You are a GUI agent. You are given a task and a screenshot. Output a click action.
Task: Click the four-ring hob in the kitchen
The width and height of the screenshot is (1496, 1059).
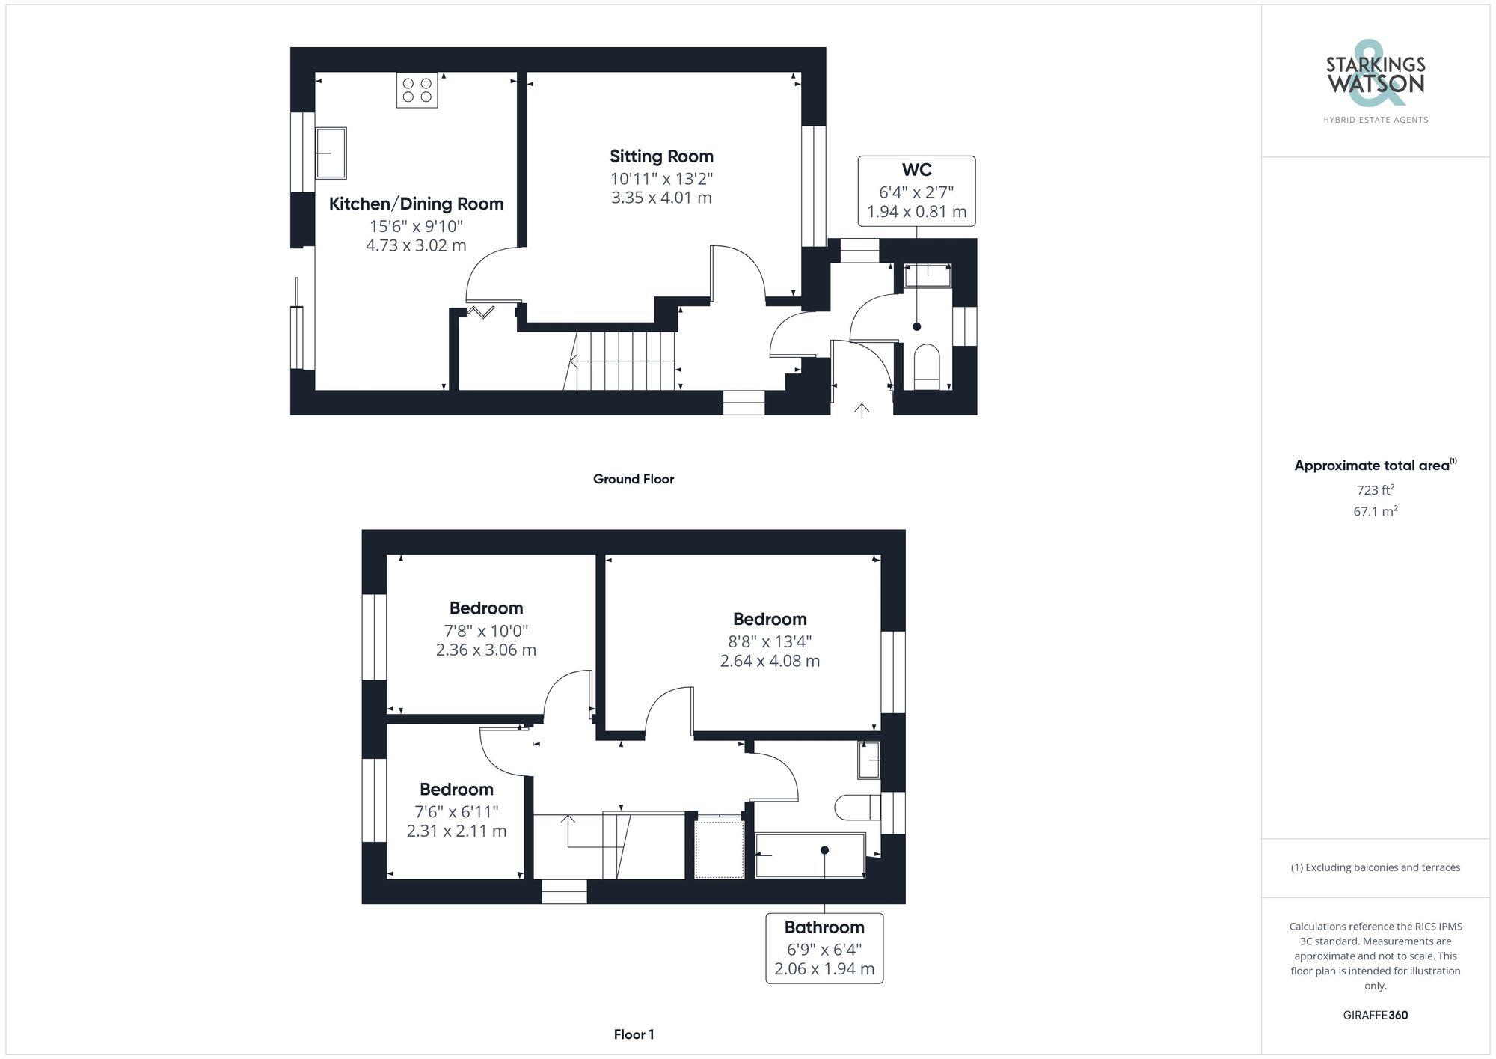(x=417, y=91)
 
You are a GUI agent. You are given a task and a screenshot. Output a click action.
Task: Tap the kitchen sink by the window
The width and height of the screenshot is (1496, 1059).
(x=331, y=153)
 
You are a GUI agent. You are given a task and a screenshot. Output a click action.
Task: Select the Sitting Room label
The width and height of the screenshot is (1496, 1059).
(x=661, y=156)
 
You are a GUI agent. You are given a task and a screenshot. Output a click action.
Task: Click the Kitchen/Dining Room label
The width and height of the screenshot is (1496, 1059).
(x=416, y=204)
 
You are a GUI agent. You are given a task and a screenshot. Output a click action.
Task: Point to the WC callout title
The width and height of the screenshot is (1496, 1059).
(x=916, y=170)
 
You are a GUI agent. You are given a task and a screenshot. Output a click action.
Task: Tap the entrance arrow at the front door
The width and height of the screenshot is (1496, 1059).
(x=862, y=409)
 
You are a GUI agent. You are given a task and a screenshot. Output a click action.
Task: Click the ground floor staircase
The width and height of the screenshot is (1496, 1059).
(x=625, y=361)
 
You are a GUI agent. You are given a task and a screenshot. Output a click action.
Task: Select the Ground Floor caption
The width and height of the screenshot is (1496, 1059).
(x=634, y=479)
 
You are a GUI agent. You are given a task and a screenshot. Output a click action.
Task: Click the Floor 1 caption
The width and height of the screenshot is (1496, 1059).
(x=634, y=1034)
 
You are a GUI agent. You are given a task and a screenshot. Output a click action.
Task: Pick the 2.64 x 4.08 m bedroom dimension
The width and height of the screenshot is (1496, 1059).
(x=770, y=661)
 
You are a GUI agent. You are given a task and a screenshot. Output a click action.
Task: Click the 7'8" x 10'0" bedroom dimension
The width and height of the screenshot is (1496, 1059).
(x=486, y=630)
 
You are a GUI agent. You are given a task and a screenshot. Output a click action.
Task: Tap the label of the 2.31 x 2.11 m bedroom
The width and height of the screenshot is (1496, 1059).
(x=456, y=789)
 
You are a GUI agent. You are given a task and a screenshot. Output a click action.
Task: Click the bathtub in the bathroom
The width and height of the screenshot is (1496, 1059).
(x=809, y=855)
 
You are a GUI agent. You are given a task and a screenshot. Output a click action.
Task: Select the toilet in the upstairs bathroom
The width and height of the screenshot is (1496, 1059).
(x=857, y=807)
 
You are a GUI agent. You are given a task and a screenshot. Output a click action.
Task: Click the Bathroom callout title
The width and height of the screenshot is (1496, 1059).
(x=824, y=927)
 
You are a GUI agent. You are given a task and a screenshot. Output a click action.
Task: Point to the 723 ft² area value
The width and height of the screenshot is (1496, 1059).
(x=1375, y=490)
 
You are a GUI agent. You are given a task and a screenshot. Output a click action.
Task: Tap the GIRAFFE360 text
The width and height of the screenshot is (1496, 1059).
(x=1375, y=1015)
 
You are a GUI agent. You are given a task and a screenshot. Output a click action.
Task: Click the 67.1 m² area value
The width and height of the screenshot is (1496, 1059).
(x=1375, y=512)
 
